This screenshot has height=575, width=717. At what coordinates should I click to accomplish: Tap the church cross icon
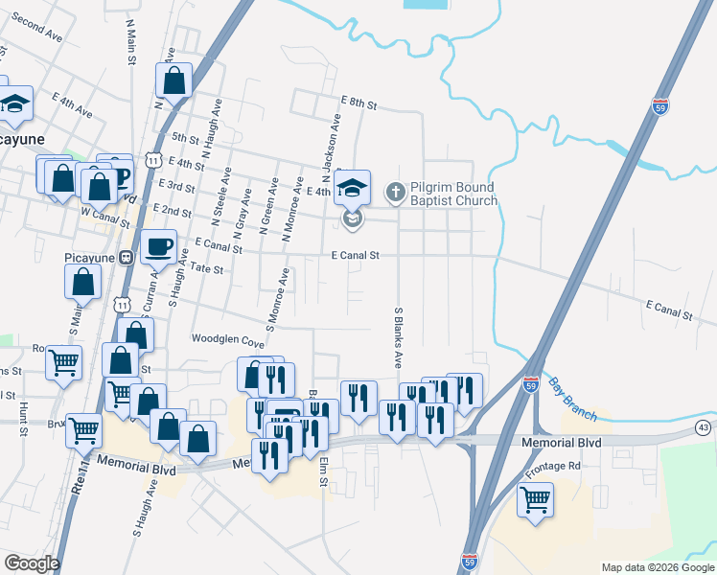(394, 193)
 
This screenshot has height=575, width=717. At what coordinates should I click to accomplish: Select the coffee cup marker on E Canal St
(159, 247)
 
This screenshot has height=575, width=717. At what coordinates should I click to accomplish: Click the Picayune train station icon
(125, 258)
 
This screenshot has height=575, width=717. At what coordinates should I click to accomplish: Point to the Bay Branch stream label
(572, 399)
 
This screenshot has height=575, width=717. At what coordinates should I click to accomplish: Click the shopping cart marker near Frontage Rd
(535, 498)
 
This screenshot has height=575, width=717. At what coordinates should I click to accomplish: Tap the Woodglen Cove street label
(227, 340)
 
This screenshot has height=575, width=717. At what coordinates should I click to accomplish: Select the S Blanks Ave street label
(397, 336)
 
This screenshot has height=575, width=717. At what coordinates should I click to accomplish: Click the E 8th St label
(359, 101)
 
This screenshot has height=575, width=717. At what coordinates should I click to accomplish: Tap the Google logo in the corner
(32, 563)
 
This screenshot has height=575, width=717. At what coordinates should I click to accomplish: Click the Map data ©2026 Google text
(658, 567)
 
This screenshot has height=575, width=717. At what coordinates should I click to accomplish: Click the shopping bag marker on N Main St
(174, 81)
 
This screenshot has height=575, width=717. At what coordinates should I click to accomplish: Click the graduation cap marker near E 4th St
(352, 188)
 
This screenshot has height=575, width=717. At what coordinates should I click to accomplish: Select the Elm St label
(324, 470)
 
